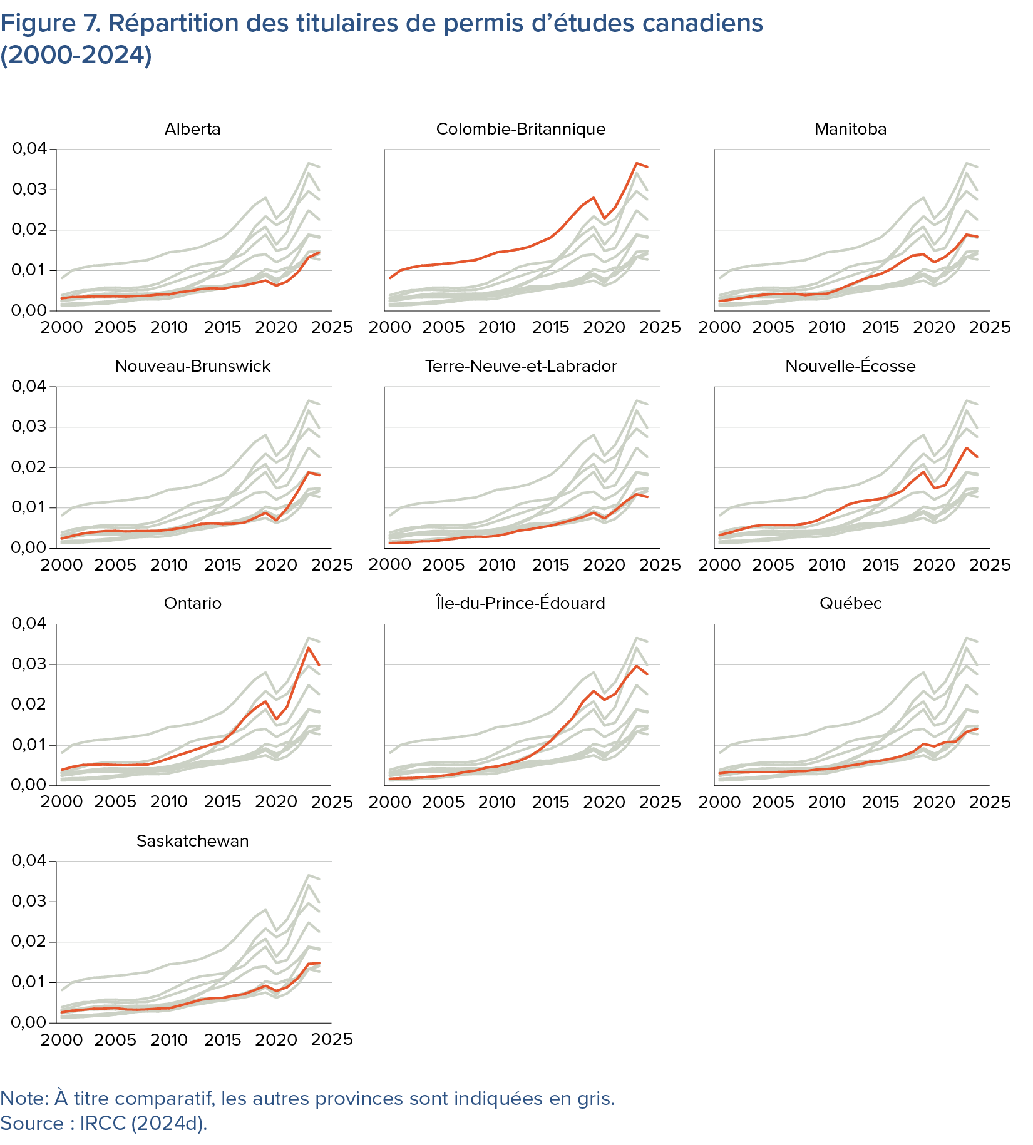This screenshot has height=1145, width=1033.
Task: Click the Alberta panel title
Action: click(192, 129)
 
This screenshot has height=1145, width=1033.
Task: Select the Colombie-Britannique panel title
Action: click(521, 129)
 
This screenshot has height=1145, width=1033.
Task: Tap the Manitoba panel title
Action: click(850, 129)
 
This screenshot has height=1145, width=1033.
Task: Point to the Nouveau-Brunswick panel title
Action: click(192, 366)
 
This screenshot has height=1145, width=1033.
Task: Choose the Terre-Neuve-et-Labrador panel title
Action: click(521, 366)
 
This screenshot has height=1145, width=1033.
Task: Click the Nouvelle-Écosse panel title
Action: click(850, 366)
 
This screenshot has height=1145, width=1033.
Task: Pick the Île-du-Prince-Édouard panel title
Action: click(521, 603)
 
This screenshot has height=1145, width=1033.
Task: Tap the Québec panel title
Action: click(850, 603)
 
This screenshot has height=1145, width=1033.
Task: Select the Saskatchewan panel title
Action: click(192, 841)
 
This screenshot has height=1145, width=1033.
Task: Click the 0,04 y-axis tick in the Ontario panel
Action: click(29, 623)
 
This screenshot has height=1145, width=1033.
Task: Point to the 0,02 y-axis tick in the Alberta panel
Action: click(29, 230)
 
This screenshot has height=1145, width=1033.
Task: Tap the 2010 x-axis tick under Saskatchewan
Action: click(169, 1039)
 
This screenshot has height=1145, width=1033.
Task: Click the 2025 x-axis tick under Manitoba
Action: click(990, 327)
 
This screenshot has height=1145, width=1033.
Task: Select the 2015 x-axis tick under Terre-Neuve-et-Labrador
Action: click(550, 564)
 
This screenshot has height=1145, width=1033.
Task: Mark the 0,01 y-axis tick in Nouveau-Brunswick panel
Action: click(29, 507)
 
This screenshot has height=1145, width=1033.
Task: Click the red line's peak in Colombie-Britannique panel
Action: click(636, 163)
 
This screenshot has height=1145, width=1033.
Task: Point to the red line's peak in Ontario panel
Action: click(308, 648)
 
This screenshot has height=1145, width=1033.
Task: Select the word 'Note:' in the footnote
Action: click(24, 1098)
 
